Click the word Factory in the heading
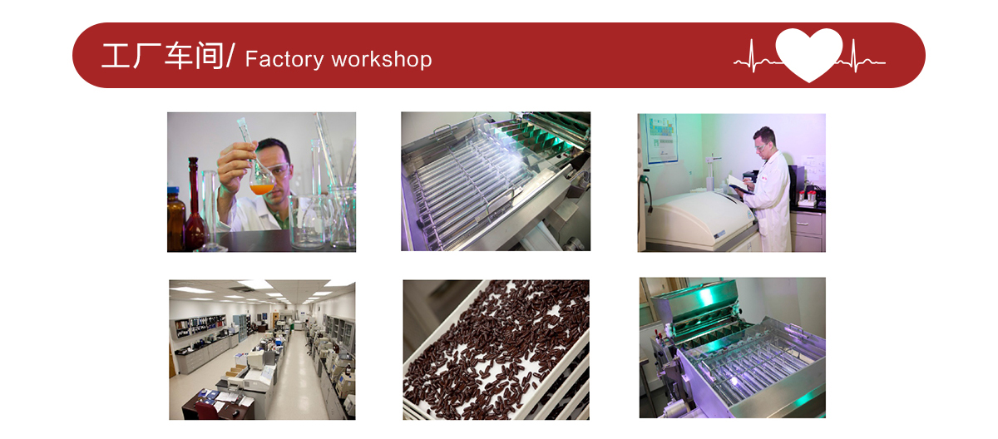point(284,60)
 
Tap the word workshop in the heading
point(382,59)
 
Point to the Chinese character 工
point(116,56)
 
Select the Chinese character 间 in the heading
point(210,56)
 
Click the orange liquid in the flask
point(261,189)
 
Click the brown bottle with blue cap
point(175,219)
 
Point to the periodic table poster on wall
point(661,139)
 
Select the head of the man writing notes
point(764,141)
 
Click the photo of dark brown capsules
point(496,349)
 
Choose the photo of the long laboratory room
point(262,349)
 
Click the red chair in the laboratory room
point(206,410)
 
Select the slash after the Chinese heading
point(230,55)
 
